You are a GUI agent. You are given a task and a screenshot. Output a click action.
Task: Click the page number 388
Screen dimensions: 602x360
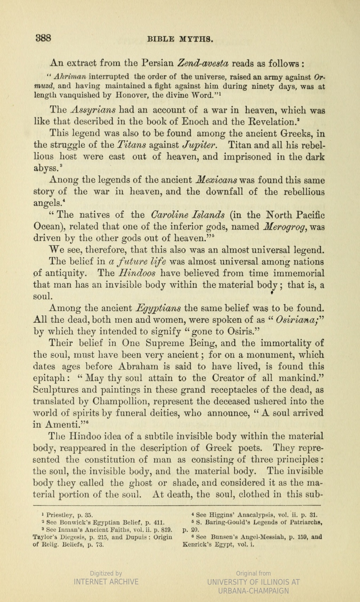point(43,38)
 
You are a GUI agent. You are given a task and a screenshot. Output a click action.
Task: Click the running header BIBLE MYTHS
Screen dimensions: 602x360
point(180,39)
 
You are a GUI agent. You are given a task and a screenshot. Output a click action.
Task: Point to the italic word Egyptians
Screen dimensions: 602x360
point(158,308)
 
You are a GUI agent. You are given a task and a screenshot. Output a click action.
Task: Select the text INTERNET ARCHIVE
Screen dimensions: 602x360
point(106,582)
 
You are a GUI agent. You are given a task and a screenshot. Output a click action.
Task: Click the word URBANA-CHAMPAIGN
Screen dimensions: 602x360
point(253,591)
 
